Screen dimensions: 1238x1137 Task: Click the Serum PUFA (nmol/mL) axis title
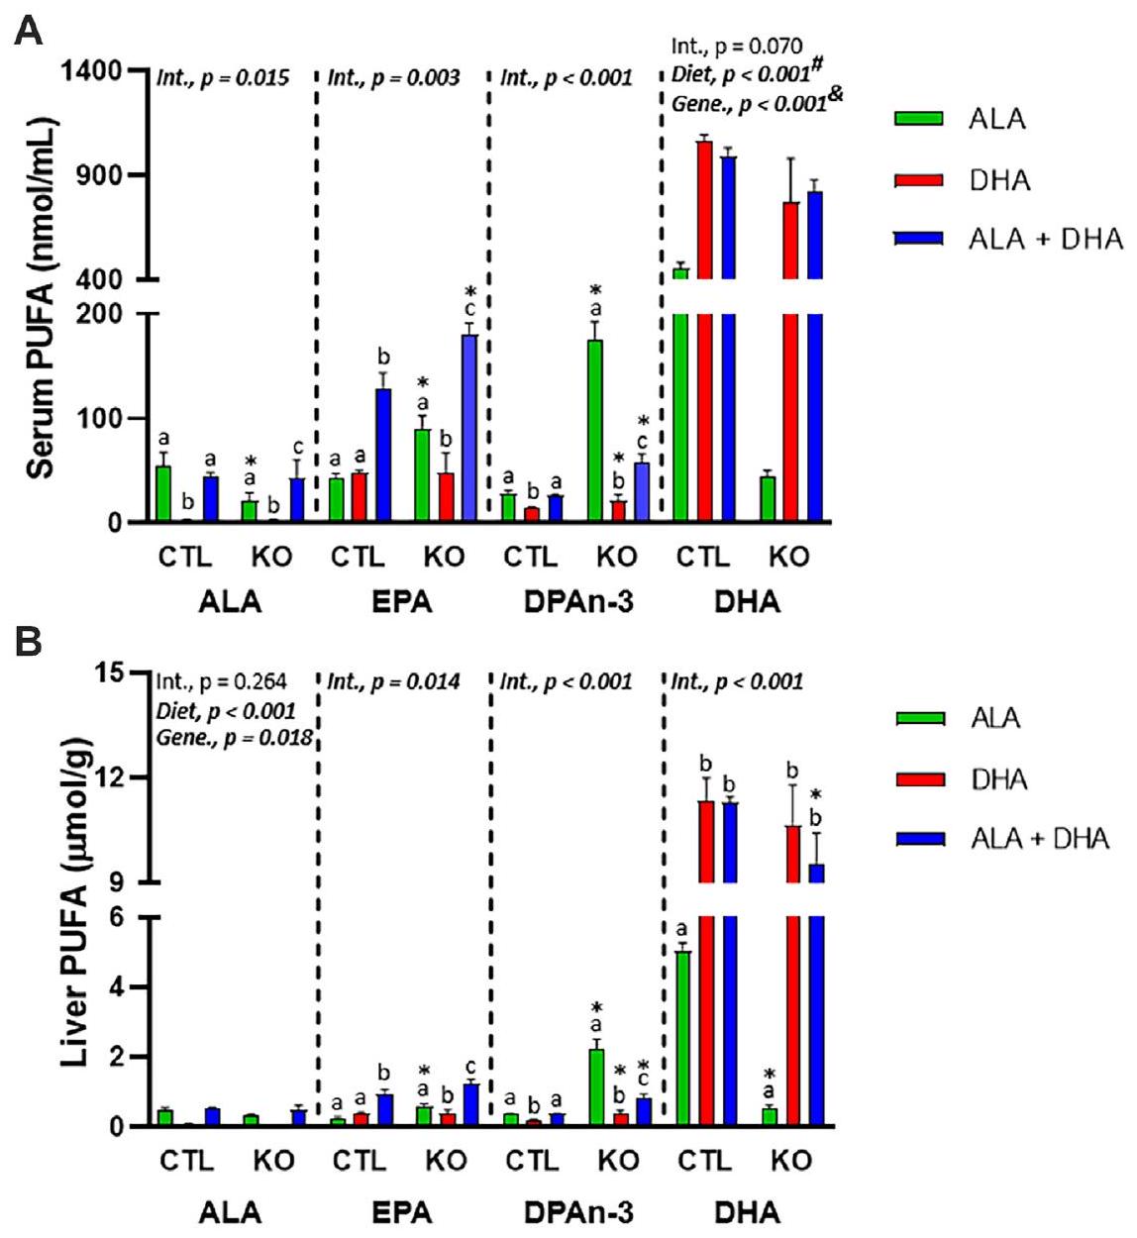point(40,297)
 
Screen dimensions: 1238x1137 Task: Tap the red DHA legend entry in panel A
point(998,180)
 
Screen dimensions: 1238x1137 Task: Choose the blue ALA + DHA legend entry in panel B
point(1038,839)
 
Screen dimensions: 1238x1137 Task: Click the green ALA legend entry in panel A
point(996,119)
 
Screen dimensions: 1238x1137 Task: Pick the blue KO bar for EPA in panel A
point(468,428)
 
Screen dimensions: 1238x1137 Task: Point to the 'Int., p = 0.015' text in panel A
point(223,77)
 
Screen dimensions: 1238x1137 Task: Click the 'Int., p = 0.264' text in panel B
point(222,681)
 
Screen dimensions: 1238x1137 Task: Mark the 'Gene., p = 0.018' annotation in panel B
point(234,737)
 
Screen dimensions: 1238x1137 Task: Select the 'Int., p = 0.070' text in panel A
point(737,47)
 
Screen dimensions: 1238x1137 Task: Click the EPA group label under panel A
point(401,601)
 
